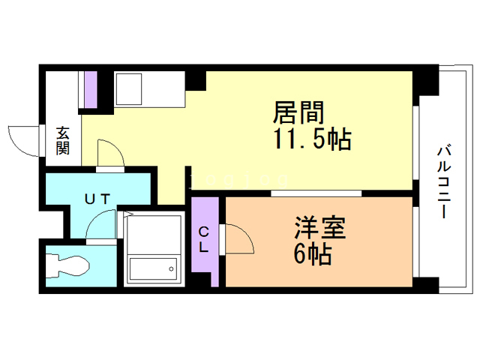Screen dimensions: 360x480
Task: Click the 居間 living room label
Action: pos(298,114)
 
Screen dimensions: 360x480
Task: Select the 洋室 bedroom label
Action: pos(320,227)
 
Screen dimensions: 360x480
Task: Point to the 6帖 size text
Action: pos(313,255)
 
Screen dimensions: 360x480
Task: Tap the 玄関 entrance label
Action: pos(62,140)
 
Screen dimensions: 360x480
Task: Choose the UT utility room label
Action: pos(97,199)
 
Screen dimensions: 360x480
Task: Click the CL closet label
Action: pos(204,241)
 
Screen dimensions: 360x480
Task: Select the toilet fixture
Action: pos(67,264)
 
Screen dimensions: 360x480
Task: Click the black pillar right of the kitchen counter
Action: pos(196,78)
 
